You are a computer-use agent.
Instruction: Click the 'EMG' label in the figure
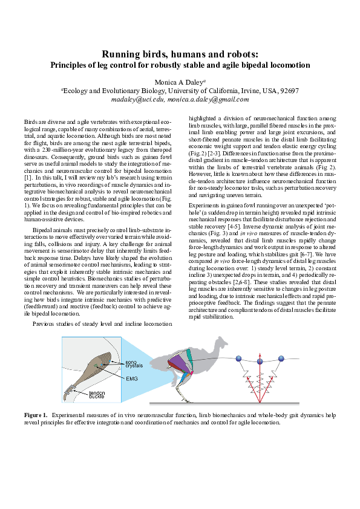[x=133, y=378]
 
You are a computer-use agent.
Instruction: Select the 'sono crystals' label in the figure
[x=135, y=365]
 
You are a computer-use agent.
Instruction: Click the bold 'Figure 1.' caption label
[x=36, y=415]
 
